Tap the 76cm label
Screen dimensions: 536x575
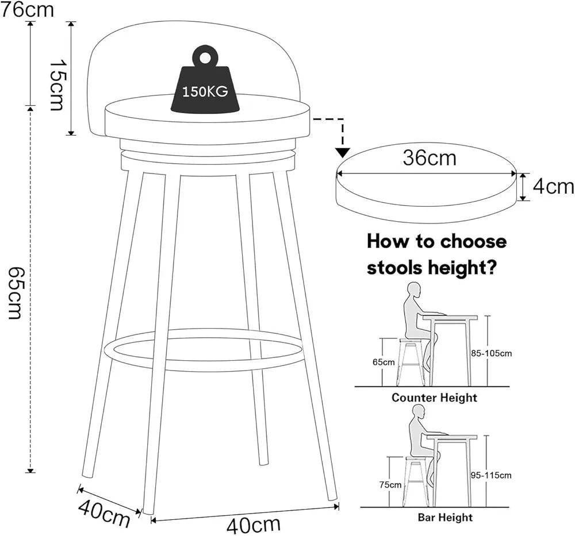pyautogui.click(x=27, y=10)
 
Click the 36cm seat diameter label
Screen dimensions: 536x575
pyautogui.click(x=429, y=158)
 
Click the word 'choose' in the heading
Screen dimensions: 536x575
pyautogui.click(x=473, y=241)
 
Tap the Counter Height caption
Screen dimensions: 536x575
pyautogui.click(x=434, y=398)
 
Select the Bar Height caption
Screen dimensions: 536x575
pyautogui.click(x=445, y=518)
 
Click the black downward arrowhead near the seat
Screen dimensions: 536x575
pyautogui.click(x=343, y=152)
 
